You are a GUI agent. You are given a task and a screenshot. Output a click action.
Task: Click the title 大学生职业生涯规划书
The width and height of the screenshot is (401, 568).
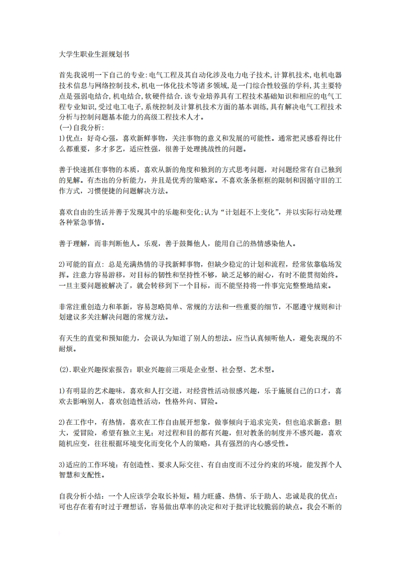pyautogui.click(x=91, y=52)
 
